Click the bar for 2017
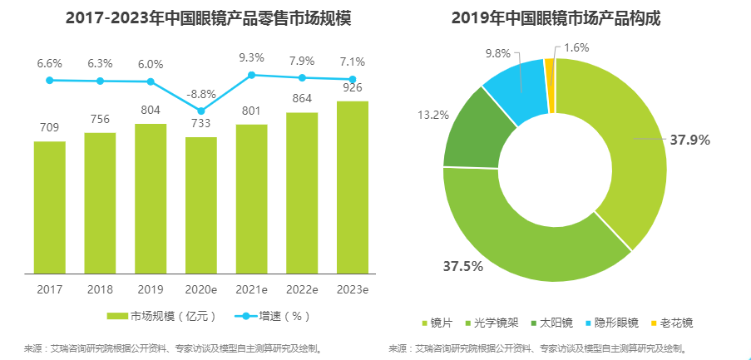pyautogui.click(x=50, y=207)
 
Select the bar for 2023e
pyautogui.click(x=353, y=187)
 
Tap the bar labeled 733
pyautogui.click(x=201, y=205)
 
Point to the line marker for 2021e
pyautogui.click(x=252, y=75)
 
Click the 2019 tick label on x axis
pyautogui.click(x=151, y=289)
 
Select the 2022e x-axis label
pyautogui.click(x=302, y=289)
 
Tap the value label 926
pyautogui.click(x=353, y=87)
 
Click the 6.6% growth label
pyautogui.click(x=50, y=63)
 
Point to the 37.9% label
pyautogui.click(x=689, y=140)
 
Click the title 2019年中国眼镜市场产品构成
pyautogui.click(x=556, y=17)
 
